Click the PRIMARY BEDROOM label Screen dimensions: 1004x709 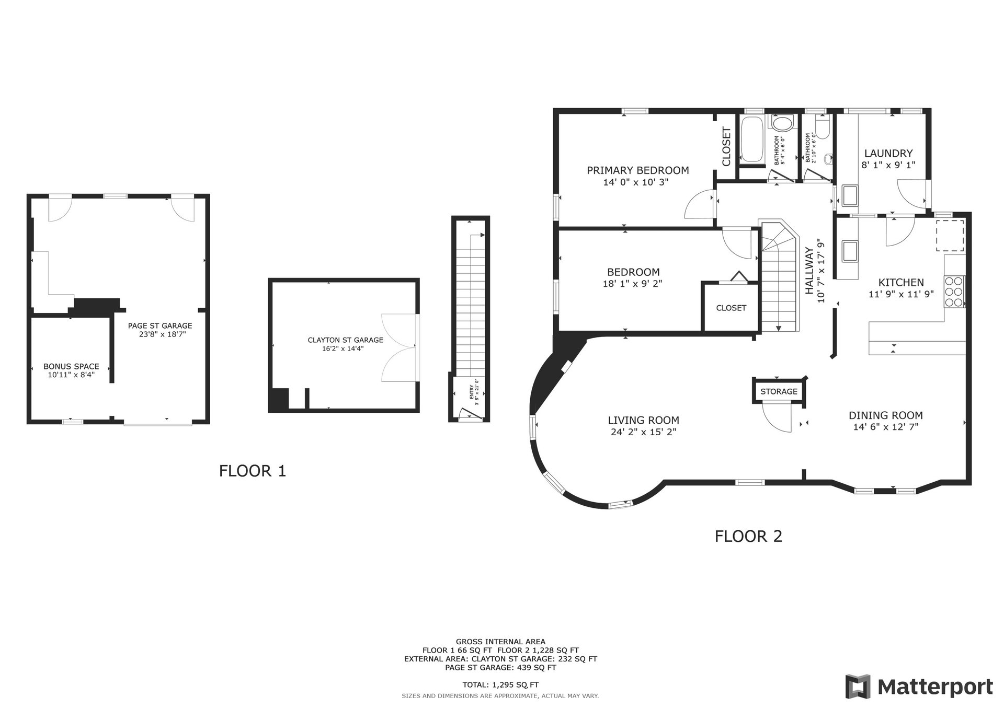coord(637,170)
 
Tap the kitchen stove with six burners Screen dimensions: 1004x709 coord(954,292)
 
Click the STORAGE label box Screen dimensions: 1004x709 coord(779,391)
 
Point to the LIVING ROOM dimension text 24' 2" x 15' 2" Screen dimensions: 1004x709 coord(643,432)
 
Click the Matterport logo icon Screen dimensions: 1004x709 coord(858,686)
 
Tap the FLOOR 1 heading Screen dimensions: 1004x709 coord(253,471)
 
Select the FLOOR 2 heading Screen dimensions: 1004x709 coord(748,536)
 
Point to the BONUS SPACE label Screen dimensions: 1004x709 coord(71,367)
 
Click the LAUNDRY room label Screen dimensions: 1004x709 coord(888,154)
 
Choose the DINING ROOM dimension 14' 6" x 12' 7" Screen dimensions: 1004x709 coord(885,426)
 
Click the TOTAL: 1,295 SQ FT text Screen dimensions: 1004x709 coord(500,684)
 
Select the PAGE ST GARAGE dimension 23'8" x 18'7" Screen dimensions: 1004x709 coord(163,334)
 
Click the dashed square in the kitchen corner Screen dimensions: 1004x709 coord(950,235)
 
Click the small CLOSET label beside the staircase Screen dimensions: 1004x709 coord(731,308)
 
